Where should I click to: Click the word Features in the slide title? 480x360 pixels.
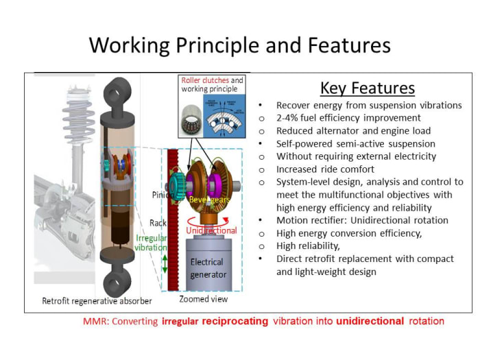(340, 45)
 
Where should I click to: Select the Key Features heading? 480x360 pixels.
(367, 88)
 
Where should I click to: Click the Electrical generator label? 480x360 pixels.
(206, 267)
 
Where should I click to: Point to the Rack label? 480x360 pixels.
(158, 223)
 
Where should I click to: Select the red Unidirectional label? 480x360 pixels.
(211, 230)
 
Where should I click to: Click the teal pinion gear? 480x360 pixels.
(186, 183)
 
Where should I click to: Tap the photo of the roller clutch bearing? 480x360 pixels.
(189, 116)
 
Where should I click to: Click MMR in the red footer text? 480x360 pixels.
(95, 321)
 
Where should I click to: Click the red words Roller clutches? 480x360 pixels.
(204, 80)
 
